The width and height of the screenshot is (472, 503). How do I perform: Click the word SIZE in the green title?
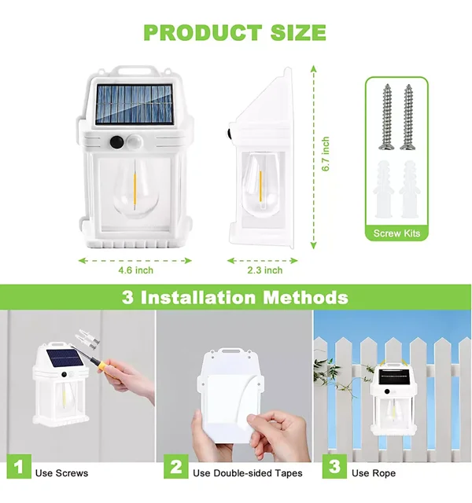298,33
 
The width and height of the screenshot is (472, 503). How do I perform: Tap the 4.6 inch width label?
136,270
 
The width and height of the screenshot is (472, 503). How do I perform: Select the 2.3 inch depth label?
265,270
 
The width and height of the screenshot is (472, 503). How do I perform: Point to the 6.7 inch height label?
325,154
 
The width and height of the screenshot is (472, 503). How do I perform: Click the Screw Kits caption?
396,233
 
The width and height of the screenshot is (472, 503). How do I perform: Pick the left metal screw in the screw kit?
387,117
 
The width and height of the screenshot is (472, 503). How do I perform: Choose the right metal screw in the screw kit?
408,117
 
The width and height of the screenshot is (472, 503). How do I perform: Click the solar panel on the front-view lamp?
135,105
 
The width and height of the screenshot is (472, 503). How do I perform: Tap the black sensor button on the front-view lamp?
116,142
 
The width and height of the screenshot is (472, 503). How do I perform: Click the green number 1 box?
19,466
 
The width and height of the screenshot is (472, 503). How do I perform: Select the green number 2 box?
176,466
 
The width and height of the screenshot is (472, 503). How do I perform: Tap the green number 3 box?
334,466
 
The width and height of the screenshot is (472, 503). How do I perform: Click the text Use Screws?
61,473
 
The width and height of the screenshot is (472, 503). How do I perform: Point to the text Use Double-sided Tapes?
248,473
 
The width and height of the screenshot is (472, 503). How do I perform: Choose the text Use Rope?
374,473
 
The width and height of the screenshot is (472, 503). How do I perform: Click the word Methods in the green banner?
306,297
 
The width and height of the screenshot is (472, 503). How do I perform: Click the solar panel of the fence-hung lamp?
394,377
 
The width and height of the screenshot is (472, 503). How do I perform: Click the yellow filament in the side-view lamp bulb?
260,186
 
